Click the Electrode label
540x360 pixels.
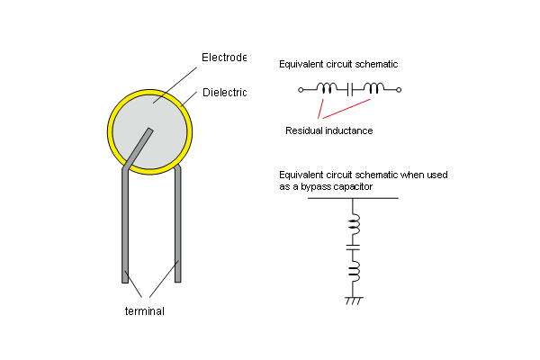click(223, 58)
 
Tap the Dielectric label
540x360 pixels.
click(223, 92)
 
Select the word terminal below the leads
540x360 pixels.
click(144, 311)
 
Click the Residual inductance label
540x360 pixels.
click(328, 130)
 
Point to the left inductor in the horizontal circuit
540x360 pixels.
click(328, 88)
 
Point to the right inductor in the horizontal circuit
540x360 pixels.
click(372, 88)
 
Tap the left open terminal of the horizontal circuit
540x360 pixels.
click(301, 89)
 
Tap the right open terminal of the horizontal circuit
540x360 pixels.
click(399, 89)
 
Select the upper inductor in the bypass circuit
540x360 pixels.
click(354, 222)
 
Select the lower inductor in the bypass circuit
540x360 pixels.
click(354, 269)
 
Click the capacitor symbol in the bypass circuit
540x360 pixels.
click(353, 246)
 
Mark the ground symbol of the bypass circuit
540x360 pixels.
click(353, 299)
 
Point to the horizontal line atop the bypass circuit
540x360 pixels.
click(353, 198)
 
